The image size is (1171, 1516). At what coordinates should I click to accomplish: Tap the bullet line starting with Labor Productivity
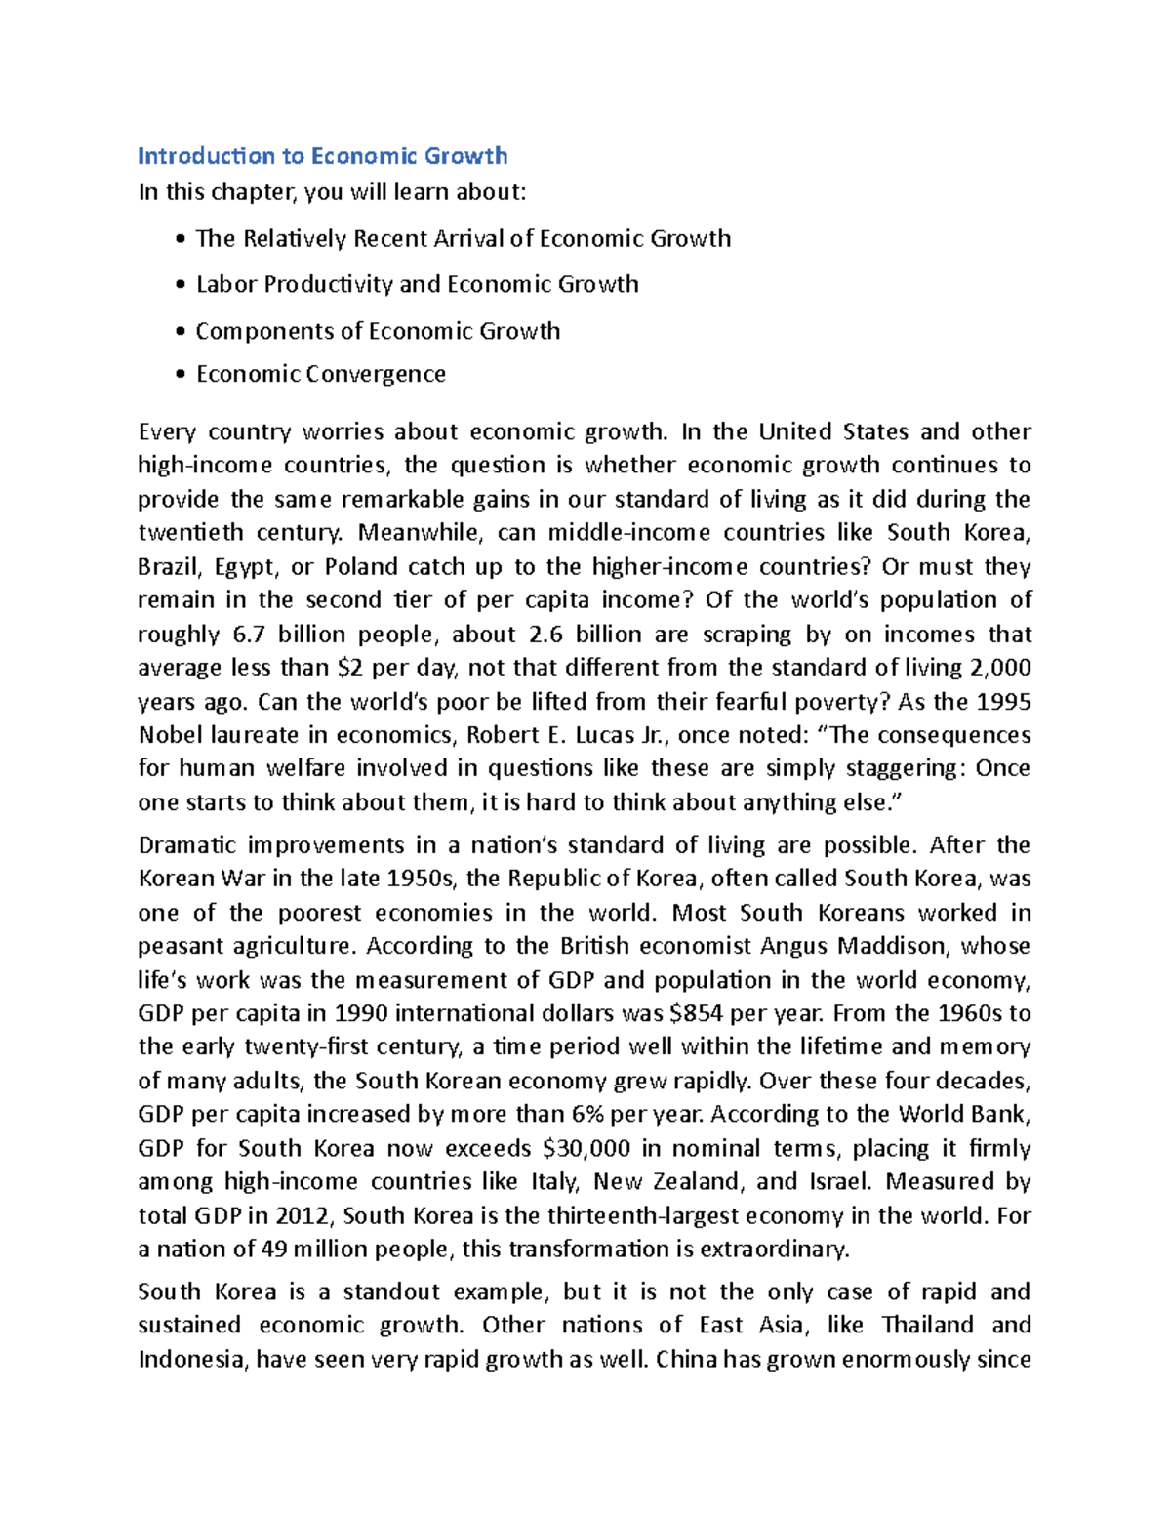(417, 284)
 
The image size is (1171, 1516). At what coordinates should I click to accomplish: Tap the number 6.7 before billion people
(249, 635)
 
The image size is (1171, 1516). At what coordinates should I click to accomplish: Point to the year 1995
(1003, 702)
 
